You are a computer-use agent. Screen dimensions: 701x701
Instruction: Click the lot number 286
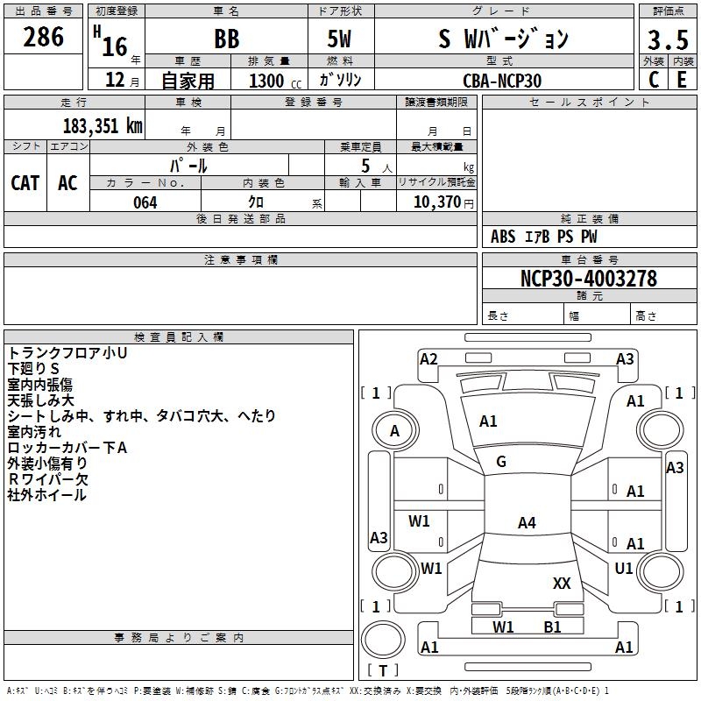point(44,38)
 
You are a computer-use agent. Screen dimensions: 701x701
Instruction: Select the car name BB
point(226,39)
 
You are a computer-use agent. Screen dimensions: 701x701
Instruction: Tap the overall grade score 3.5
point(667,39)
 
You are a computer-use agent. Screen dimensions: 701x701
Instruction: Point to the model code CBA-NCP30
point(502,80)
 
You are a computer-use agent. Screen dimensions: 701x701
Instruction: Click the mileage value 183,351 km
point(103,125)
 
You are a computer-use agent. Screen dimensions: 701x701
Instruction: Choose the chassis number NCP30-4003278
point(589,280)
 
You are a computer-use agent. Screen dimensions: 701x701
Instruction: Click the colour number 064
point(145,202)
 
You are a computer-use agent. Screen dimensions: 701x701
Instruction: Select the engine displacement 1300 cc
point(273,81)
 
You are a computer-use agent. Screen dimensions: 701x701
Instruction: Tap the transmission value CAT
point(25,182)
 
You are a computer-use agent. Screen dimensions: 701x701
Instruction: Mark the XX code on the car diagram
point(562,583)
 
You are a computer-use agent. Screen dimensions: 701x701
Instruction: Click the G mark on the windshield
point(501,462)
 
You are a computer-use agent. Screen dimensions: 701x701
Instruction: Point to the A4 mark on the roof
point(526,523)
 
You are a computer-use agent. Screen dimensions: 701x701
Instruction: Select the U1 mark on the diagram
point(624,569)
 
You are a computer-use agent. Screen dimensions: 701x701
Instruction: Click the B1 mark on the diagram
point(552,627)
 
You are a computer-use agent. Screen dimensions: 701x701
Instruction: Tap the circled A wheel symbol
point(394,431)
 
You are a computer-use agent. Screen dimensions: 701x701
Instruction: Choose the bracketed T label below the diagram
point(383,671)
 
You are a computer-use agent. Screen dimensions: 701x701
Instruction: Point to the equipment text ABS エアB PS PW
point(543,237)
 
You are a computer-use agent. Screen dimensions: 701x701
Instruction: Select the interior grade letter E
point(681,80)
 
